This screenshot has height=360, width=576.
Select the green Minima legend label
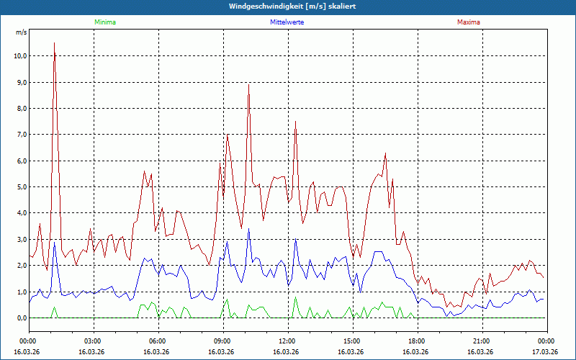pos(104,22)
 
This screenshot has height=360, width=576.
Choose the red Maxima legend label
pos(469,22)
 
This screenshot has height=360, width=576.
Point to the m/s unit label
pos(21,32)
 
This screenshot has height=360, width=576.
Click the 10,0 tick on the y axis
pos(19,56)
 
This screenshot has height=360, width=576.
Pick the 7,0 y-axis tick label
pos(21,135)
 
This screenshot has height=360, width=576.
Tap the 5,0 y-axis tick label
pos(21,187)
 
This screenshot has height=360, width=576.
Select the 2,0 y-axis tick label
pos(21,266)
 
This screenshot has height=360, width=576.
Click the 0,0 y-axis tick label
pos(21,318)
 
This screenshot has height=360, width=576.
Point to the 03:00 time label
pos(92,341)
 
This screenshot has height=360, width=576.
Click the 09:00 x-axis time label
pos(222,341)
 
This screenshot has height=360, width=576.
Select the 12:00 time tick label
pos(287,341)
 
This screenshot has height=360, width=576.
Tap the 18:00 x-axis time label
pos(416,341)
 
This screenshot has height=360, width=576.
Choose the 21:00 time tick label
pos(481,341)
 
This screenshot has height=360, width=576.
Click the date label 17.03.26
pos(545,352)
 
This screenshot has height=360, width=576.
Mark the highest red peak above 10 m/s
pos(54,43)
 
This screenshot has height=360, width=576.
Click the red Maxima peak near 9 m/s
pos(248,84)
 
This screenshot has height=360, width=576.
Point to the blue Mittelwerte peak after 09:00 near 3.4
pos(248,229)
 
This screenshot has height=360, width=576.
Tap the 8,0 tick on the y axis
pos(21,109)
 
